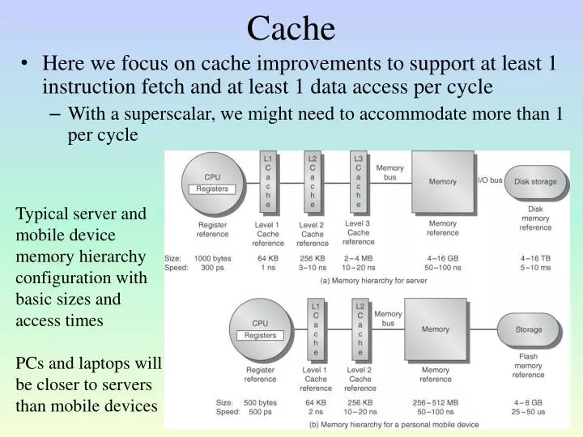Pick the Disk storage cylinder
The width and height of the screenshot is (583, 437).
point(535,181)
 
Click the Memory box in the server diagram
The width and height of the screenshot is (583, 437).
point(442,182)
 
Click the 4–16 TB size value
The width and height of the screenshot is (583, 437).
point(535,257)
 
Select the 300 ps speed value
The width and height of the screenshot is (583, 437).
point(213,267)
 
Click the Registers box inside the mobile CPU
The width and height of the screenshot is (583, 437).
point(260,335)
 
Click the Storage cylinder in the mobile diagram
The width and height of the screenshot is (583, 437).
point(529,329)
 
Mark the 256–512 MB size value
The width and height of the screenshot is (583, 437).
point(436,401)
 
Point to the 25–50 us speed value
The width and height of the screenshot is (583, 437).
point(529,412)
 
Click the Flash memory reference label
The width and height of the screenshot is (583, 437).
point(529,365)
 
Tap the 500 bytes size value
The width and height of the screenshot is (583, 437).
point(260,401)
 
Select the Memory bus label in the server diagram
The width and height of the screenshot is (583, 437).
point(389,172)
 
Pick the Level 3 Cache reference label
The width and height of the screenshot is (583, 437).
point(359,232)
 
